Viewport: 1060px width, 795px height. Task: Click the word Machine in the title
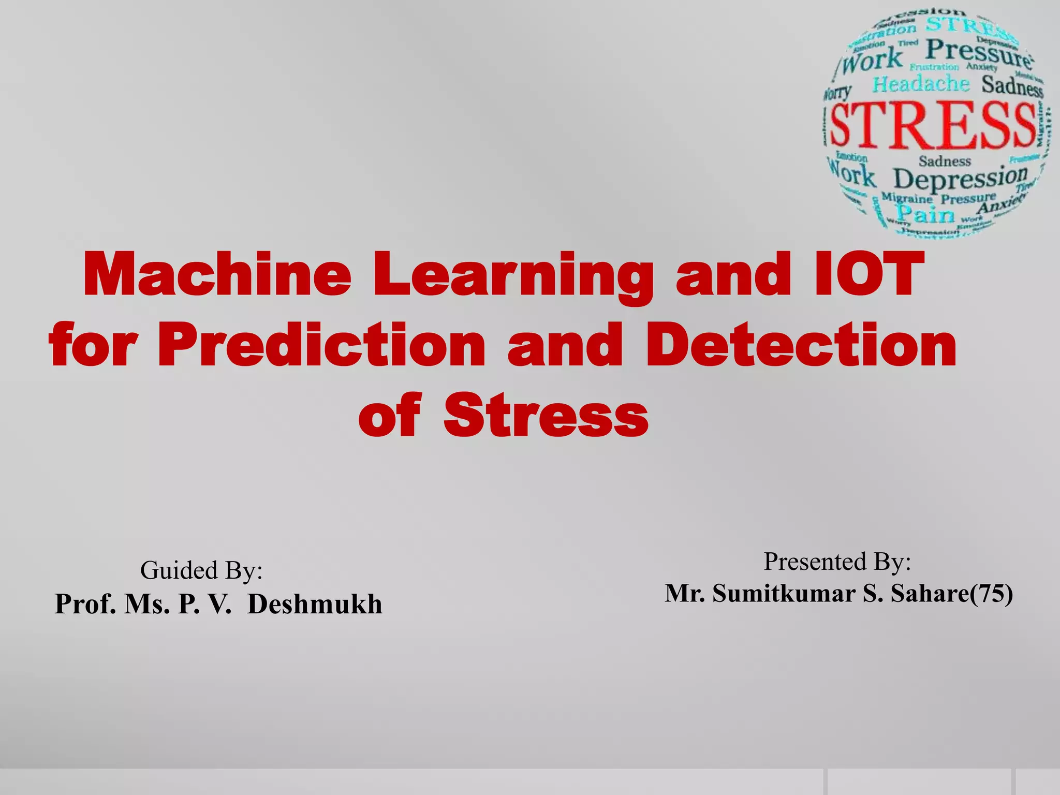pos(217,274)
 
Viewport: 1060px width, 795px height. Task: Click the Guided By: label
pos(201,570)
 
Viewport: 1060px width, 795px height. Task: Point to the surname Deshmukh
pos(315,604)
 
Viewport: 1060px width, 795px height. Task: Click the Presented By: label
pos(837,562)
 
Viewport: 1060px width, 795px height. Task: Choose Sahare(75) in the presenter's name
pos(951,594)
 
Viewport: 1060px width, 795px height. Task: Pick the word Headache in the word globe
pos(921,84)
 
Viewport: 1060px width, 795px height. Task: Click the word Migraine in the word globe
pos(907,198)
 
